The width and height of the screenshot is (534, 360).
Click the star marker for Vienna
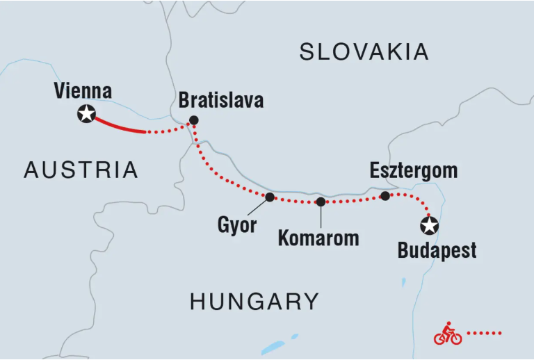86,114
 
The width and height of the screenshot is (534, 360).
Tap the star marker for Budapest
430,225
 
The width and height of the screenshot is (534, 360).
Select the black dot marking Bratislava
194,120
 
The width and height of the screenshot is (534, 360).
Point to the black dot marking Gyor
270,197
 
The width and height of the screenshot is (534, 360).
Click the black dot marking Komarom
321,202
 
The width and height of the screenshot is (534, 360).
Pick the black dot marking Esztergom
385,196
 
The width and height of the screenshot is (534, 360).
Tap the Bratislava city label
221,100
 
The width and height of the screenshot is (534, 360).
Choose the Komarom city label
318,238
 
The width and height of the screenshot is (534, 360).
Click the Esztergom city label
413,170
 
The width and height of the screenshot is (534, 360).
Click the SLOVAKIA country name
364,51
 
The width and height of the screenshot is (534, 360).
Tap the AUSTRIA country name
81,170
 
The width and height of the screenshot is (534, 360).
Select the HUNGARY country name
254,301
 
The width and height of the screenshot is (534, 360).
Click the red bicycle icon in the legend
448,334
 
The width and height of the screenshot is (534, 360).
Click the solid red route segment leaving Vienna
118,126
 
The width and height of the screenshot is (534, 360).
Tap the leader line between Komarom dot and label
321,215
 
